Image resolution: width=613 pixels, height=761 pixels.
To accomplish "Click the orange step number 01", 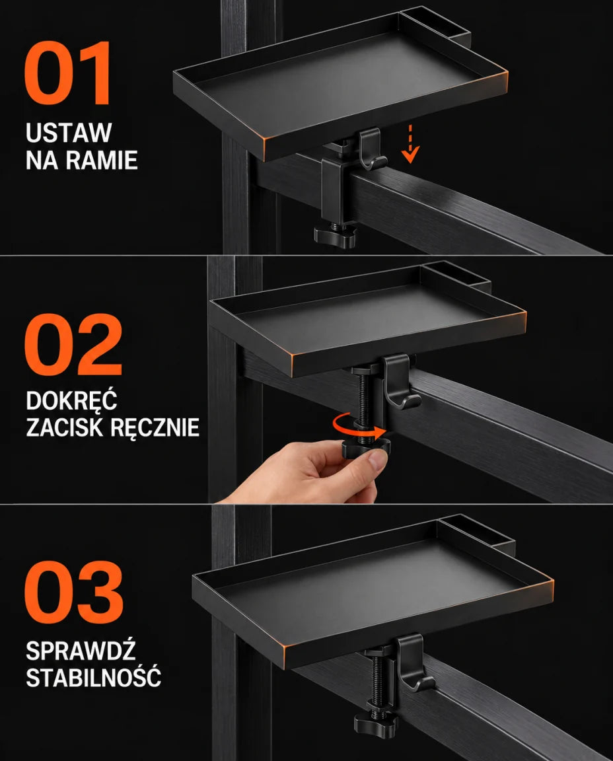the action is click(x=67, y=73).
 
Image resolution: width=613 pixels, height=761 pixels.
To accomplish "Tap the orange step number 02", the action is click(x=73, y=345).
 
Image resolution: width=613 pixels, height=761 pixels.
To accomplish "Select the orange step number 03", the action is click(x=74, y=592).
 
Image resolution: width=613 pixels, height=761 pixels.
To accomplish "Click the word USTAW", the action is click(x=69, y=133).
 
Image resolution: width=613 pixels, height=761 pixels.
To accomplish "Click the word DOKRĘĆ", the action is click(x=71, y=400).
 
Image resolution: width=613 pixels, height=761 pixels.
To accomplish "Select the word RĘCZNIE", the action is click(x=155, y=428).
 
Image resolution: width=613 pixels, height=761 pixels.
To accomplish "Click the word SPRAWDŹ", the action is click(x=81, y=650).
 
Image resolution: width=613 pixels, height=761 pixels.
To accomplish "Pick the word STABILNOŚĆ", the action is click(x=93, y=676).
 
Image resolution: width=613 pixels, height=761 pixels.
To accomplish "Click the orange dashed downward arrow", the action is click(x=410, y=143).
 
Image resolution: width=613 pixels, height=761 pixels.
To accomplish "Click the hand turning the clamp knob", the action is click(x=310, y=472).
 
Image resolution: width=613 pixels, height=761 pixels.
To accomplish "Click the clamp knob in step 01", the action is click(x=336, y=236).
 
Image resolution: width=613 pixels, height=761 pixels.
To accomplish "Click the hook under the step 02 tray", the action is click(x=401, y=381).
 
